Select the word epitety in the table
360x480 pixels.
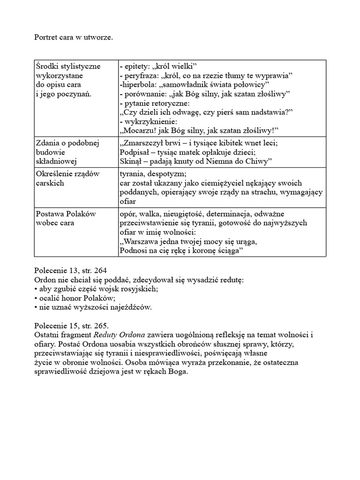(136, 66)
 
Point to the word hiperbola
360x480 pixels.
(139, 84)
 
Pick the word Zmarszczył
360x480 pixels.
(143, 143)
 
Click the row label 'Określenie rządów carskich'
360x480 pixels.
(67, 179)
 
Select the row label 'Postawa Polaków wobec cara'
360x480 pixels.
(66, 218)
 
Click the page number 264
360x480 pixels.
(100, 271)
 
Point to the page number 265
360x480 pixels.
(101, 325)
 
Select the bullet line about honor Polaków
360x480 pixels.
(75, 298)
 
